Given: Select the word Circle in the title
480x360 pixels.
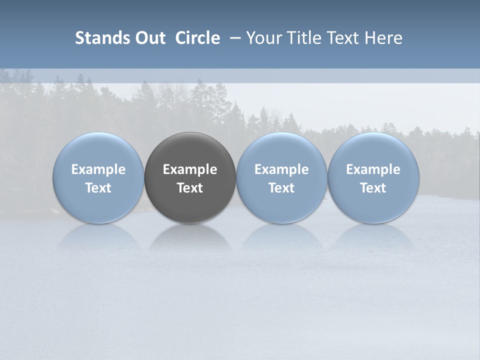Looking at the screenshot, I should [197, 38].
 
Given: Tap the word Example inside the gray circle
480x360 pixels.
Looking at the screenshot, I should [190, 169].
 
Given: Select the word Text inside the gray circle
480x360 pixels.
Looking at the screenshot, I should [190, 188].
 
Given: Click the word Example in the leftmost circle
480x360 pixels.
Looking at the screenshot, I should [98, 169].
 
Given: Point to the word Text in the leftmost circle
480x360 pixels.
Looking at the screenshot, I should [98, 188].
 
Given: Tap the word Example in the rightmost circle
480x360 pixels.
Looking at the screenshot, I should [373, 169].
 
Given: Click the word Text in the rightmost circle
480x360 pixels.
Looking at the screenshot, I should [373, 188].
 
